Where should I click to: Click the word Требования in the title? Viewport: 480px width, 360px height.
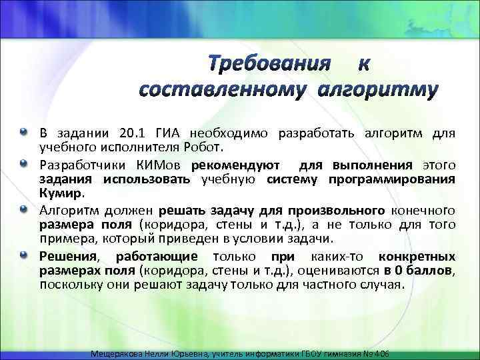(269, 63)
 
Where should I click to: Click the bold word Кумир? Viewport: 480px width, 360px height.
(62, 194)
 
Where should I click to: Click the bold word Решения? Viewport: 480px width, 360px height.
(67, 256)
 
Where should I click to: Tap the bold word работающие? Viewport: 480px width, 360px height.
(156, 256)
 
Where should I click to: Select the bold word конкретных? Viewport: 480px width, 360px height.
(417, 256)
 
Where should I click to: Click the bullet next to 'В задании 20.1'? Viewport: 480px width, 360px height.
(25, 130)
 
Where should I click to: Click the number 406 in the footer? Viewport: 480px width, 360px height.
(383, 353)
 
